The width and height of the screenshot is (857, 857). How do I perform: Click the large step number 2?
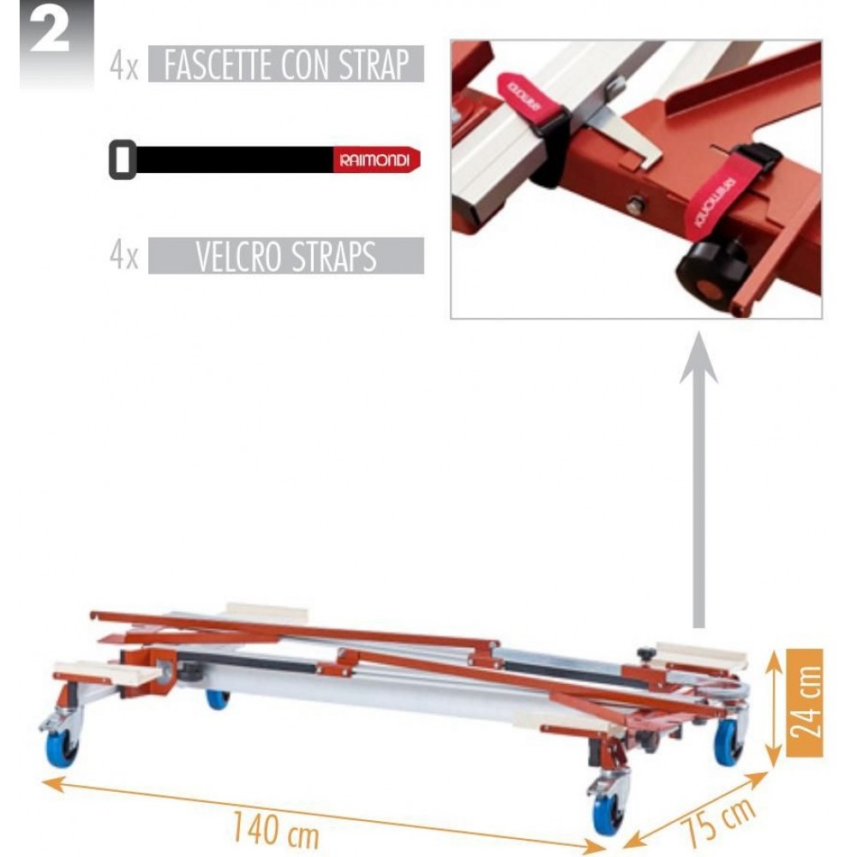[50, 32]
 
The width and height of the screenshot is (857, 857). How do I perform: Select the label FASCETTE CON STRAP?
[286, 64]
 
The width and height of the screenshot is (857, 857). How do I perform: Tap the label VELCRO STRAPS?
[286, 255]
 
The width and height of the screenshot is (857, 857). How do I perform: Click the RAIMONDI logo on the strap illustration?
[375, 160]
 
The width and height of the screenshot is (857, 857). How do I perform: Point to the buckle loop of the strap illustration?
[123, 159]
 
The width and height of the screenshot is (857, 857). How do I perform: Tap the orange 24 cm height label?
[805, 703]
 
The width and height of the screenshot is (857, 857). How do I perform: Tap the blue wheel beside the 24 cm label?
[729, 742]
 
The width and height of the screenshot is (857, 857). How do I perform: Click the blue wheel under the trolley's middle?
[218, 699]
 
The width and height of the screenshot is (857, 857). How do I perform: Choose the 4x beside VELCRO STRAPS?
[124, 255]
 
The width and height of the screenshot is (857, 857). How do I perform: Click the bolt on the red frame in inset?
[634, 206]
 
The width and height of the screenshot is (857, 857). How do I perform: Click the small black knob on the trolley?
[646, 653]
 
